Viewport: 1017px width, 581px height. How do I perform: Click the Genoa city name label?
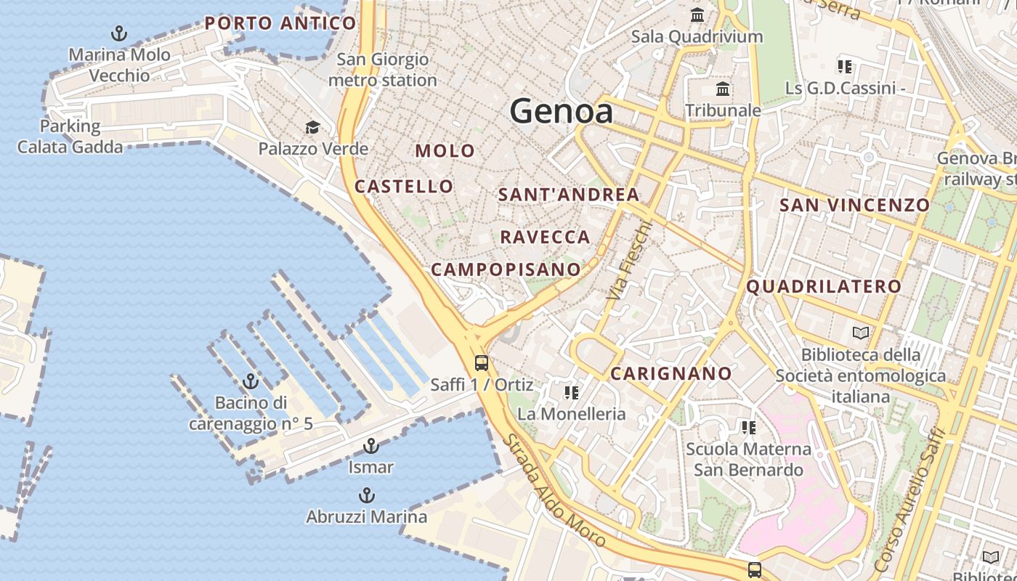(561, 111)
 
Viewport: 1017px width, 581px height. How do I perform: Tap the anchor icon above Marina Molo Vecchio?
(118, 33)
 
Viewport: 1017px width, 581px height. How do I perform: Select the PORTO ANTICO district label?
(280, 23)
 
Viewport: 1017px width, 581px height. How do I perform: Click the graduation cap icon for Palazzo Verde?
(312, 128)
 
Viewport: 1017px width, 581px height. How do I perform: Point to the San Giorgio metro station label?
(383, 70)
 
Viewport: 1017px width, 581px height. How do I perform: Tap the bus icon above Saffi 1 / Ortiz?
(481, 362)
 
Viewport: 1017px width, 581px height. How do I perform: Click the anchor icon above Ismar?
(371, 446)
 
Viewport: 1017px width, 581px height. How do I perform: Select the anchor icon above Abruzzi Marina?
(367, 496)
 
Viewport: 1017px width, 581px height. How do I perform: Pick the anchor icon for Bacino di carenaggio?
(251, 381)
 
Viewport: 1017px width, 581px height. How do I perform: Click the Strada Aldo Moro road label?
(554, 491)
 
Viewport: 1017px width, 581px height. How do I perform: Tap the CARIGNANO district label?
(671, 373)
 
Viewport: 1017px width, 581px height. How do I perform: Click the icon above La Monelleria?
(572, 393)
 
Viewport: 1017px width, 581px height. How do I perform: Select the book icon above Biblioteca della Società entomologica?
(861, 333)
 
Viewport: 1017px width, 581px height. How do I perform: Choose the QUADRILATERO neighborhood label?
(824, 286)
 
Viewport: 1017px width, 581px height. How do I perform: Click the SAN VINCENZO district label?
(854, 205)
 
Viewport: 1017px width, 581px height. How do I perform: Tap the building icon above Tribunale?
(723, 89)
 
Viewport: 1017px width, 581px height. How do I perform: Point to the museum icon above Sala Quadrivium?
(697, 15)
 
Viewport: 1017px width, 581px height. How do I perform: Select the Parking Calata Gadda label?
(70, 137)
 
